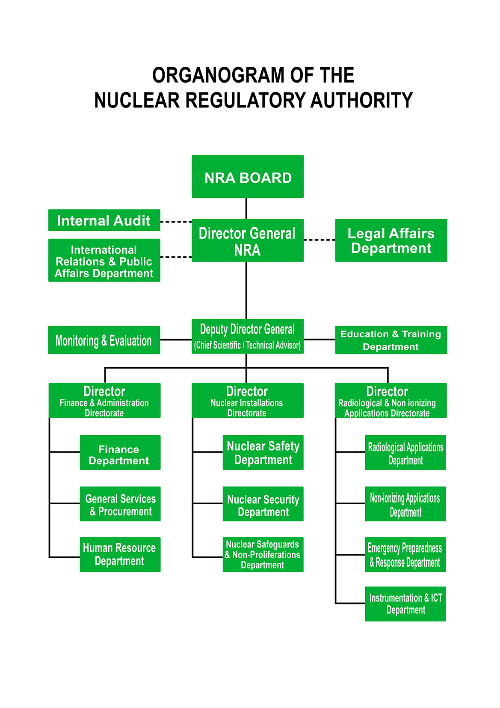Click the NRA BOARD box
click(247, 176)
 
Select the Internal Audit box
click(104, 220)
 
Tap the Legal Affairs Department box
click(391, 240)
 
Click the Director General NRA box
click(247, 240)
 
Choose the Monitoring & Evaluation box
click(104, 340)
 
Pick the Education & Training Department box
click(391, 340)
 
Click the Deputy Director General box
click(247, 336)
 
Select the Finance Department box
click(120, 452)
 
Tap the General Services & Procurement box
click(120, 504)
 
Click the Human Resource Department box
click(120, 554)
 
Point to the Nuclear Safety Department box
click(263, 452)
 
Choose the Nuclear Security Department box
click(263, 504)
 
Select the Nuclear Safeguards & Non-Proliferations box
click(263, 554)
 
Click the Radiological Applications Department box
click(405, 452)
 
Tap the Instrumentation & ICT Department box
click(405, 604)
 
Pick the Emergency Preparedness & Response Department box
click(405, 554)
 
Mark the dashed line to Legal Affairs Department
click(320, 240)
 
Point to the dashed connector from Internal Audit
click(176, 222)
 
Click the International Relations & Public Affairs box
click(104, 260)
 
